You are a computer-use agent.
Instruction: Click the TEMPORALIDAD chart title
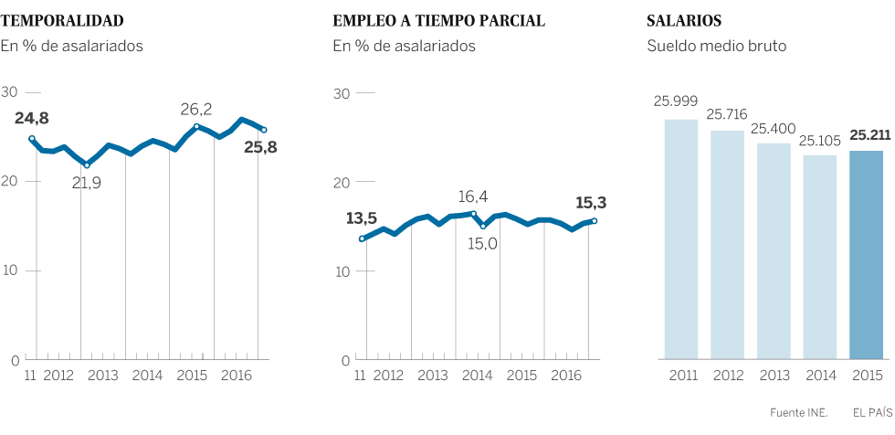coord(63,20)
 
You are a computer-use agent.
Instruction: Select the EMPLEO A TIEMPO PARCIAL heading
coord(439,20)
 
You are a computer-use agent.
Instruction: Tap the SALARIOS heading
coord(684,20)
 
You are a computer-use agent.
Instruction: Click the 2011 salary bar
coord(680,238)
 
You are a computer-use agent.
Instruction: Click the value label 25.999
coord(674,102)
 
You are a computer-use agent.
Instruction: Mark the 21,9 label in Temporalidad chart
coord(87,183)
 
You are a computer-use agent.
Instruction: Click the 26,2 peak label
coord(195,110)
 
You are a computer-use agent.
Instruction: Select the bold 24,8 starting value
coord(32,118)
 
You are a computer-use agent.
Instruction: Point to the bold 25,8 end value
coord(260,146)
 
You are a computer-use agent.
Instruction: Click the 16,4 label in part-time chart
coord(473,196)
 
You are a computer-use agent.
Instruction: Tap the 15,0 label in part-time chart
coord(482,242)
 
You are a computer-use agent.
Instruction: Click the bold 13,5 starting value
coord(362,218)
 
